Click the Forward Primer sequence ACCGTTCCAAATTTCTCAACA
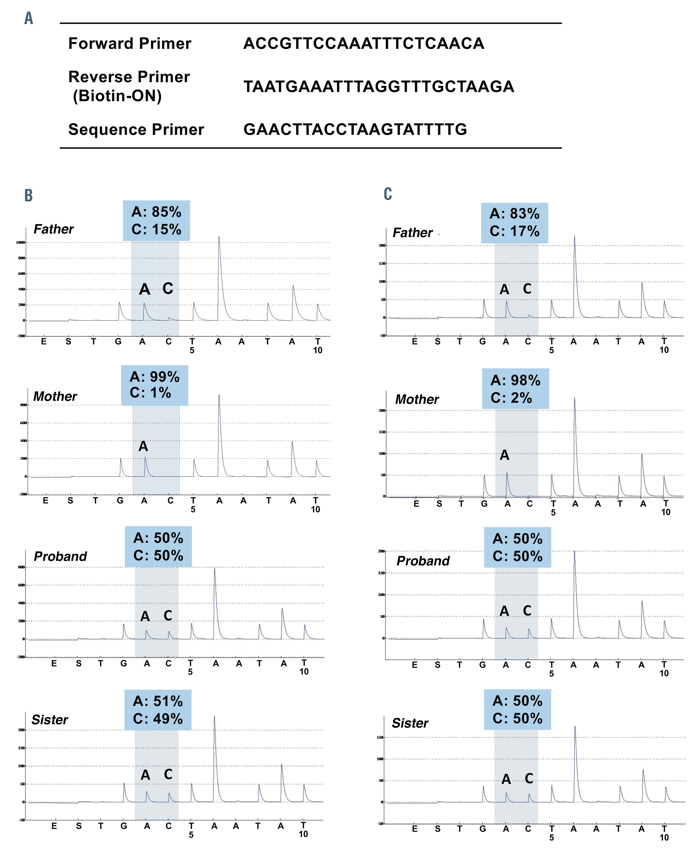(364, 43)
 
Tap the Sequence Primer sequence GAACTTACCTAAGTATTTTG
(355, 129)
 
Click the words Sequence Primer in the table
(136, 129)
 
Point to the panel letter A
(29, 18)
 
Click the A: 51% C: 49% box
(158, 710)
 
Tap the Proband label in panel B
(60, 556)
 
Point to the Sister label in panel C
(410, 723)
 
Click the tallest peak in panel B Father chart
(219, 238)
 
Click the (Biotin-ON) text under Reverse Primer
(117, 96)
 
